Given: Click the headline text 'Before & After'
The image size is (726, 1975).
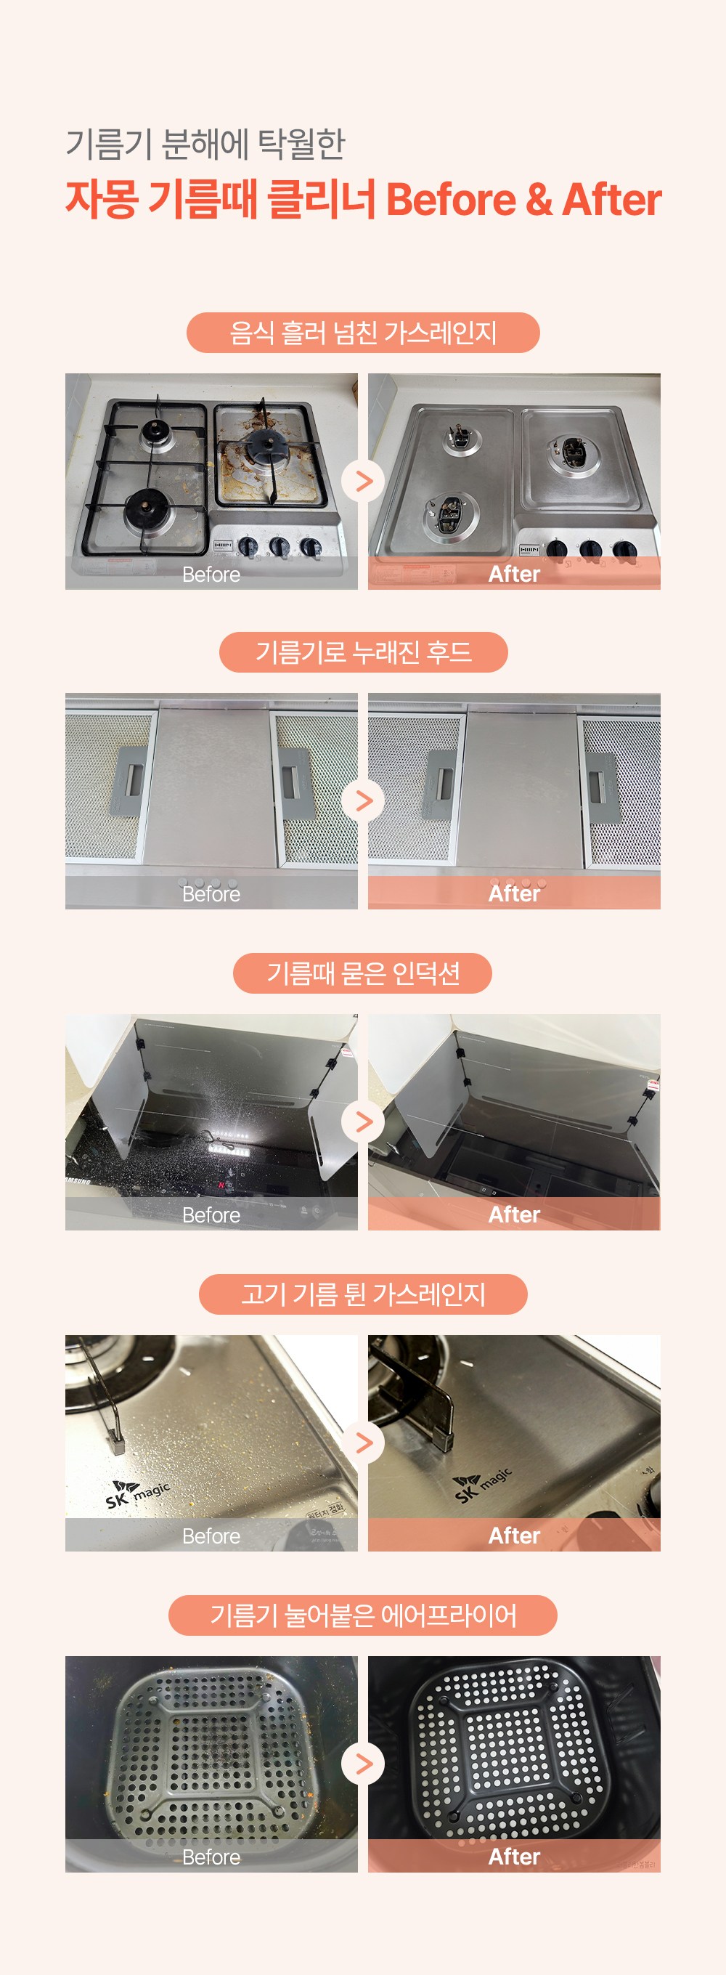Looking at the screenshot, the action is pyautogui.click(x=523, y=199).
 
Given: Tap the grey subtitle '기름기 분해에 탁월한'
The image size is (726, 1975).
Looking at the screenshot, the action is pyautogui.click(x=205, y=144).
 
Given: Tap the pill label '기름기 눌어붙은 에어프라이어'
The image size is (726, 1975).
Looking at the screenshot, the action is pyautogui.click(x=362, y=1615).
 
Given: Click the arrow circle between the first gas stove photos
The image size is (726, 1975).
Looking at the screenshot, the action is pyautogui.click(x=362, y=482).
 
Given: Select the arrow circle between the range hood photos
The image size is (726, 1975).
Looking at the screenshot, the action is pyautogui.click(x=362, y=801).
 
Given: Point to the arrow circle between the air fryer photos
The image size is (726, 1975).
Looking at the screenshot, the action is pyautogui.click(x=362, y=1764).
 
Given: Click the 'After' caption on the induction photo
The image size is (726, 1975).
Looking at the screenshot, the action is pyautogui.click(x=515, y=1214).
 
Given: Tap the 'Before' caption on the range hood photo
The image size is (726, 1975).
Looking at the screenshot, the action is pyautogui.click(x=211, y=894).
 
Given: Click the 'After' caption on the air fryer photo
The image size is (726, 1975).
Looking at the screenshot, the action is pyautogui.click(x=515, y=1856).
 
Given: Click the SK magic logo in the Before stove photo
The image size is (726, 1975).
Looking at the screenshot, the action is pyautogui.click(x=137, y=1496).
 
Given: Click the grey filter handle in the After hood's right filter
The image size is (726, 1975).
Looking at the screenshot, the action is pyautogui.click(x=601, y=787).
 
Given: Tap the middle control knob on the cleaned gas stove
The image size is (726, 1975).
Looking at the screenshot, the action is pyautogui.click(x=590, y=549).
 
